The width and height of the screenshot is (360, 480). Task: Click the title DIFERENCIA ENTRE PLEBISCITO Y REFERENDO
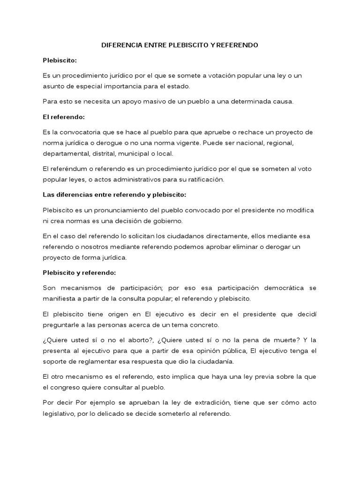coord(180,45)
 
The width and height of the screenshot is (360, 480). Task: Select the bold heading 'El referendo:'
coord(63,117)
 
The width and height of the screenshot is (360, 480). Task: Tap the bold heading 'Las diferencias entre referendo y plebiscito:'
coord(114,194)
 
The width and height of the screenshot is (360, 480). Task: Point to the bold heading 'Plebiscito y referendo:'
coord(79,272)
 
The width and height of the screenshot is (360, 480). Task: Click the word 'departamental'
coord(65,153)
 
